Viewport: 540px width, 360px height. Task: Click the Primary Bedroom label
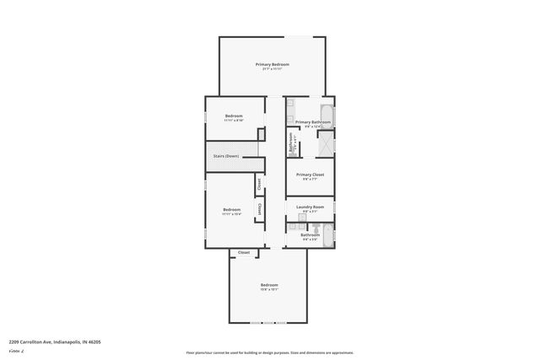click(273, 64)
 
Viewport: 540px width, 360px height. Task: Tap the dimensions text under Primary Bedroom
click(273, 70)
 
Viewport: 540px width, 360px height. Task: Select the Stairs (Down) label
click(226, 156)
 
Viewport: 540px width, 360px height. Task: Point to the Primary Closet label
click(310, 174)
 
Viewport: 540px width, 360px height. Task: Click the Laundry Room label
click(310, 206)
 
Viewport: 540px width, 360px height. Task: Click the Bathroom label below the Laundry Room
click(310, 234)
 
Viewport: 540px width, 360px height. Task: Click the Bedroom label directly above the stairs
click(234, 116)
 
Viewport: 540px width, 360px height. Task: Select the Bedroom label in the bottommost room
click(269, 285)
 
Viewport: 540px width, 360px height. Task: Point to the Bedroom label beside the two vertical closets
click(231, 209)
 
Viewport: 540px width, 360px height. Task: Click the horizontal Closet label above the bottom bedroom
click(243, 252)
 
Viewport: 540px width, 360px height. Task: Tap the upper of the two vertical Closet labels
click(259, 183)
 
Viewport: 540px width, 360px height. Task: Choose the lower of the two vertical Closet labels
click(259, 211)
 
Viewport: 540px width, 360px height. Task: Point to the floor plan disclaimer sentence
click(269, 352)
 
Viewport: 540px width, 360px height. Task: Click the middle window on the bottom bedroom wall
click(268, 324)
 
